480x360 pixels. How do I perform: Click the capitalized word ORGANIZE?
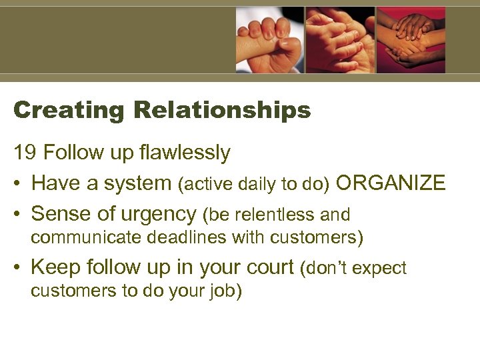391,183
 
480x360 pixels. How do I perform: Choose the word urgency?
160,213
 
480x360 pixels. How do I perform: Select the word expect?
381,268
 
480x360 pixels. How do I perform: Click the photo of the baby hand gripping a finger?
269,39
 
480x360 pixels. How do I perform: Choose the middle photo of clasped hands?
340,39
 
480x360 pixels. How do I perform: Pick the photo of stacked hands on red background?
411,39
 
